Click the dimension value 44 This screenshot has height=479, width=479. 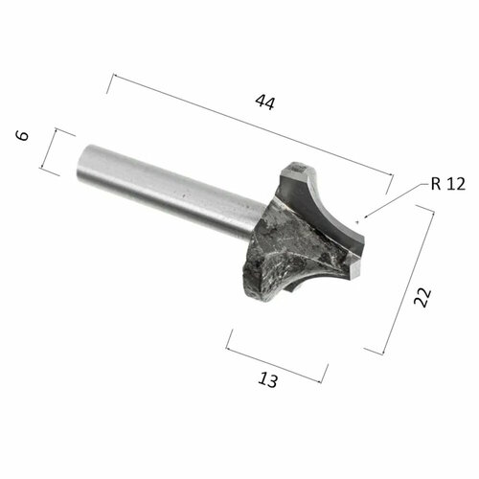coord(264,103)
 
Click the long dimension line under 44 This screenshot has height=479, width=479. coord(249,124)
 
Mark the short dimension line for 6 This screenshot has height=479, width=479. coord(65,152)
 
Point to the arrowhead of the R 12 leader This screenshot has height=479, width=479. coord(360,222)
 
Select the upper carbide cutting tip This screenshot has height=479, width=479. coord(297,174)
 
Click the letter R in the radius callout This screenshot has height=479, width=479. coord(436,185)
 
